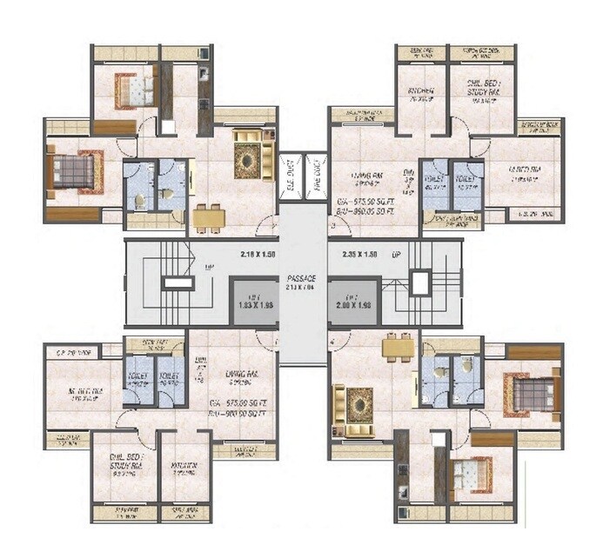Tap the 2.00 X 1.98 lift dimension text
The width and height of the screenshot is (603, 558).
355,307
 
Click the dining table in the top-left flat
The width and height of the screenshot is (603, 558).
209,217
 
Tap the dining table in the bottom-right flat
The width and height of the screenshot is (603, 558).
399,348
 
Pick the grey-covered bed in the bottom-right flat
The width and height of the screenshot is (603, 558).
530,393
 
